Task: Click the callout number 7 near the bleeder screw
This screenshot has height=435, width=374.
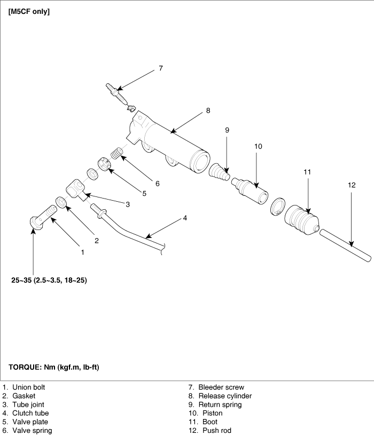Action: pyautogui.click(x=161, y=68)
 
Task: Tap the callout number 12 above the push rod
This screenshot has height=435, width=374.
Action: pyautogui.click(x=352, y=185)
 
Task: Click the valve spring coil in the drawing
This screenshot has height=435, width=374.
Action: pyautogui.click(x=117, y=153)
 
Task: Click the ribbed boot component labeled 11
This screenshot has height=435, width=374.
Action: pyautogui.click(x=302, y=220)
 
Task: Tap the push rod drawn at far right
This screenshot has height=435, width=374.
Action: pyautogui.click(x=345, y=245)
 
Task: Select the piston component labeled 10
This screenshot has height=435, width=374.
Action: pyautogui.click(x=250, y=191)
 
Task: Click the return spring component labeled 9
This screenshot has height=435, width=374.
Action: pyautogui.click(x=220, y=172)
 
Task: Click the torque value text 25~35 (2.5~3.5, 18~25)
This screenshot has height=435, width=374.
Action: pyautogui.click(x=49, y=280)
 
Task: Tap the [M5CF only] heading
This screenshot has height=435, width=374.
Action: pyautogui.click(x=29, y=12)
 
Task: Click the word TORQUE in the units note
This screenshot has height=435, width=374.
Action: pyautogui.click(x=25, y=367)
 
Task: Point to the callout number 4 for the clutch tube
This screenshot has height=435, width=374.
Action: pyautogui.click(x=185, y=218)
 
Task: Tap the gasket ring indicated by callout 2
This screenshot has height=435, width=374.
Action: pyautogui.click(x=61, y=202)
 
